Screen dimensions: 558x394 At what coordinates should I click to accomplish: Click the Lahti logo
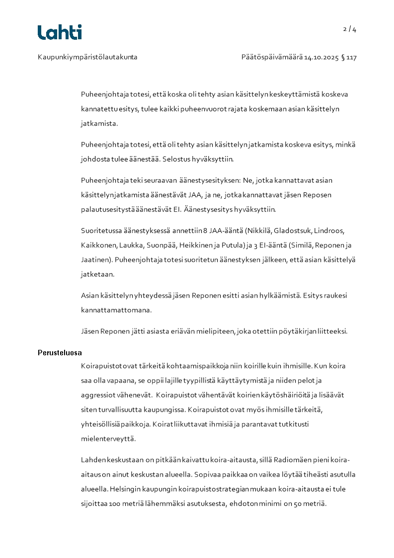[60, 32]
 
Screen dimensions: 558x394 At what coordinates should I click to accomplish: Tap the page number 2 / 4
[350, 29]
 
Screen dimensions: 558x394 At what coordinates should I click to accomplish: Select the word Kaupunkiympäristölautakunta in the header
[87, 57]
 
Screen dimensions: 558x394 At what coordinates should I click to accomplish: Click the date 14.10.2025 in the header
[321, 57]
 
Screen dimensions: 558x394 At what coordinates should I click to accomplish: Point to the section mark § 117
[349, 57]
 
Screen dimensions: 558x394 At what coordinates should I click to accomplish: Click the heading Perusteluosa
[60, 353]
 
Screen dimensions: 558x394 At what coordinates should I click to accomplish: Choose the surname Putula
[232, 245]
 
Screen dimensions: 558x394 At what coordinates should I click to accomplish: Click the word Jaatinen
[96, 260]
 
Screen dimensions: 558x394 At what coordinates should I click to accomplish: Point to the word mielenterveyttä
[108, 439]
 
